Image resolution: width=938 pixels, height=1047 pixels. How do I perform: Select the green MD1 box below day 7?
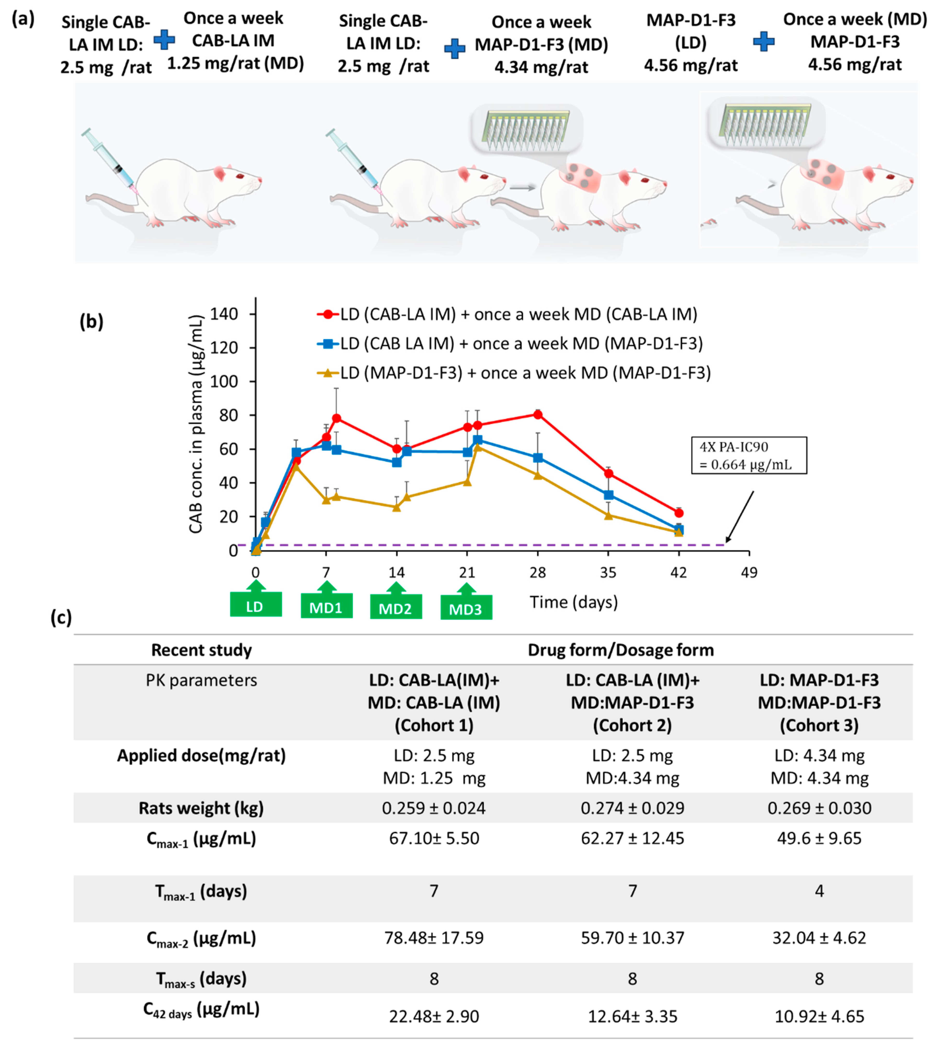click(326, 606)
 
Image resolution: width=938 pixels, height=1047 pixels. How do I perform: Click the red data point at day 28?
click(537, 414)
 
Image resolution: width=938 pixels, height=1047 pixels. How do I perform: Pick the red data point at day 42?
click(679, 513)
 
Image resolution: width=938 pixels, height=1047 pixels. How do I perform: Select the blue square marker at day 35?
click(608, 495)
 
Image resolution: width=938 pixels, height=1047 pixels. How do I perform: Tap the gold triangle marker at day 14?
click(396, 507)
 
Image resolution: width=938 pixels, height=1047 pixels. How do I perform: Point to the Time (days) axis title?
click(574, 602)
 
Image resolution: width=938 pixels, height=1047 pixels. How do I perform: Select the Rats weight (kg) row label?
click(201, 808)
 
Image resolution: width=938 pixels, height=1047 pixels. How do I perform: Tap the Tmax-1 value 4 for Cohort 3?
click(819, 891)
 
